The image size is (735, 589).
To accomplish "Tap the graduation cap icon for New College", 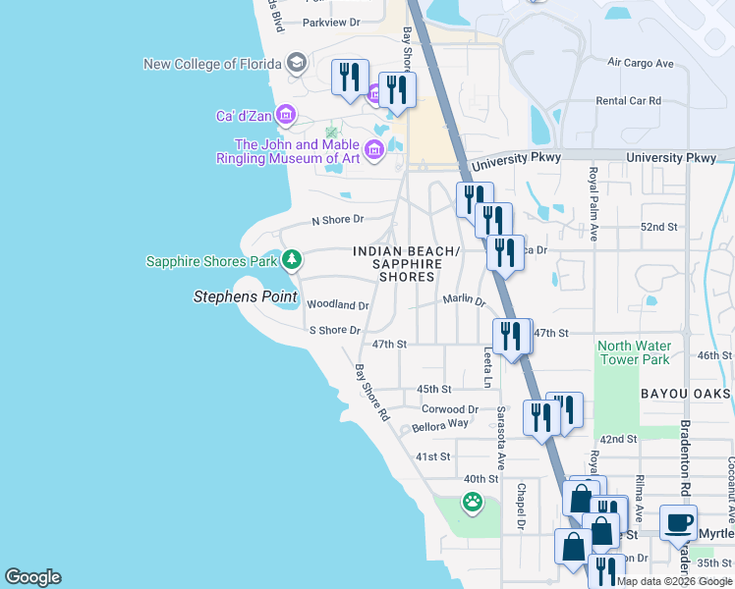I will tap(296, 65).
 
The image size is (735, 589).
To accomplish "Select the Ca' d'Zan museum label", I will tap(245, 116).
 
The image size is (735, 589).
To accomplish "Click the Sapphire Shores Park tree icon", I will tap(291, 260).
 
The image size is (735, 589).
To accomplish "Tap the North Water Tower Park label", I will tap(634, 352).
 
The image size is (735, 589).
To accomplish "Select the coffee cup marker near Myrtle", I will tap(678, 523).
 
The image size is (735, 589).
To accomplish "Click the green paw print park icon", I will tap(473, 503).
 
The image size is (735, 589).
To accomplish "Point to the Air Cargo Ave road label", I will tap(640, 63).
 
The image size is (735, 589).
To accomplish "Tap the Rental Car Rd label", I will tap(629, 101).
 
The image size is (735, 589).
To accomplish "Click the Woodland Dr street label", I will tap(337, 305).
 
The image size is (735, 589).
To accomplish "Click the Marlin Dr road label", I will tap(464, 299).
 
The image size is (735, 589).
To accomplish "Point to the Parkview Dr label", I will tap(331, 22).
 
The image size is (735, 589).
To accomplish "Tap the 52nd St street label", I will tap(658, 227).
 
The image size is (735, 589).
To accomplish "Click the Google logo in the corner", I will tap(32, 577).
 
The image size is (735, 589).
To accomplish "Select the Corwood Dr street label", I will tap(449, 409).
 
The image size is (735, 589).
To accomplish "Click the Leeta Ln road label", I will tap(486, 363).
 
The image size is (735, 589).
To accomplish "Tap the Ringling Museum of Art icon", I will tap(373, 150).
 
